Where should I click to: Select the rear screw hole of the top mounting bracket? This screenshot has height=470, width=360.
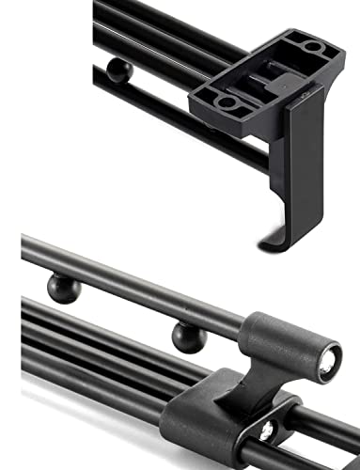click(x=311, y=46)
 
